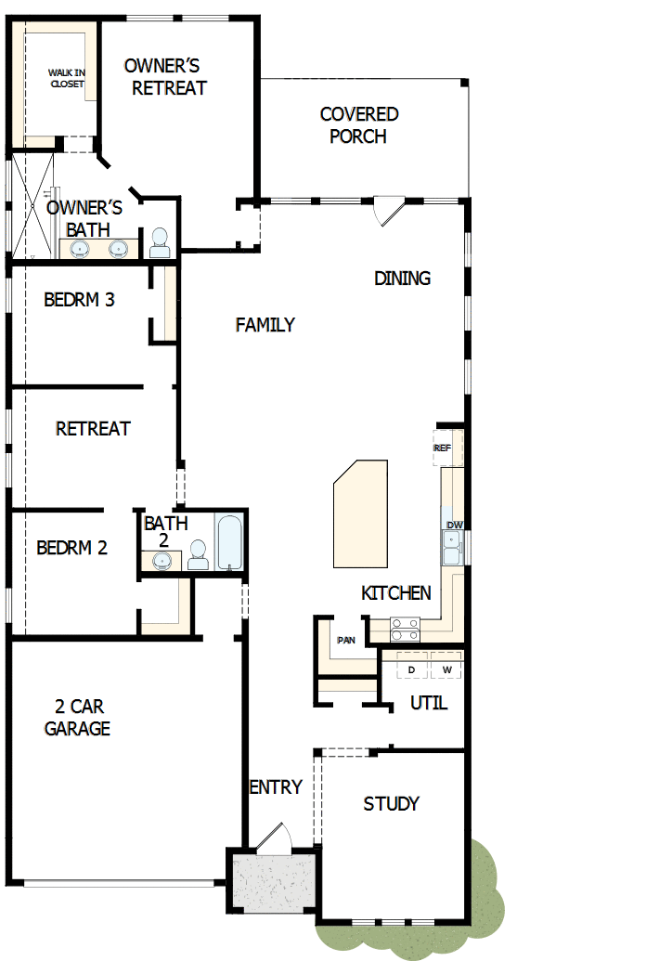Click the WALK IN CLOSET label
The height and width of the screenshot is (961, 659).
67,78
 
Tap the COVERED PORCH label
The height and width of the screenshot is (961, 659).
359,125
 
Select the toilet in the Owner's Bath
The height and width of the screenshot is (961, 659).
160,242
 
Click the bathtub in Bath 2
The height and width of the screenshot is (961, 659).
228,543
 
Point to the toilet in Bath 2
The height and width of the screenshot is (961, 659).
198,554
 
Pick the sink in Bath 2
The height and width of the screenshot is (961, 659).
164,560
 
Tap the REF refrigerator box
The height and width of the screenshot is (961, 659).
443,448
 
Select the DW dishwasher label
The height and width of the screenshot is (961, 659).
454,526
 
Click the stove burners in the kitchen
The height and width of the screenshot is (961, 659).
404,629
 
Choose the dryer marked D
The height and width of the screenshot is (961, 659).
411,669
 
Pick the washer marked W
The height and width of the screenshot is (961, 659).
446,669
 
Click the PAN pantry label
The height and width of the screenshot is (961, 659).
346,640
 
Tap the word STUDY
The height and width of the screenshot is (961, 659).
391,803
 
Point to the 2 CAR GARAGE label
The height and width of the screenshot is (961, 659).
77,718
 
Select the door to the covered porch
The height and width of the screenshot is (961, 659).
387,210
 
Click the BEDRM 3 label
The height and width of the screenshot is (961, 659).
79,300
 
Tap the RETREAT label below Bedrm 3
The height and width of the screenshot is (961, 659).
93,429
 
